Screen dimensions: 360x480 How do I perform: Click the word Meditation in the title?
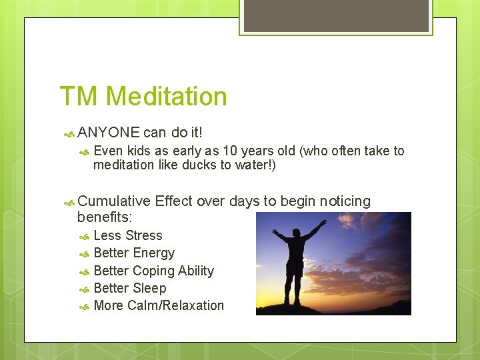[x=166, y=97]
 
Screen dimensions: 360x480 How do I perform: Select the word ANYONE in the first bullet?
[x=108, y=133]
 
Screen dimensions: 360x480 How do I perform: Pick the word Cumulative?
[x=113, y=201]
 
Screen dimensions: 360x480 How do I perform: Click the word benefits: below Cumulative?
[x=105, y=217]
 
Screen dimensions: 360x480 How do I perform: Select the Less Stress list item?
[x=128, y=235]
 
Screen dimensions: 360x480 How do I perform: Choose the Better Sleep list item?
[x=130, y=288]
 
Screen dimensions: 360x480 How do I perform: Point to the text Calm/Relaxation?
[x=175, y=305]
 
